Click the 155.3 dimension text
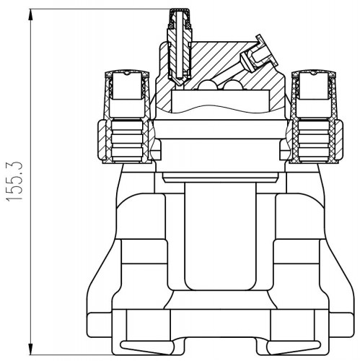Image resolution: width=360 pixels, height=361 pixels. tap(14, 181)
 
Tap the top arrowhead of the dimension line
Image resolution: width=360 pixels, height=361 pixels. tap(30, 15)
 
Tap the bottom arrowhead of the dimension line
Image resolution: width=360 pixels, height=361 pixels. tap(30, 348)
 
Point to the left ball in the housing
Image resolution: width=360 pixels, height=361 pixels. tap(207, 85)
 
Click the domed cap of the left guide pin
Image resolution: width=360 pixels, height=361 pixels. tap(127, 74)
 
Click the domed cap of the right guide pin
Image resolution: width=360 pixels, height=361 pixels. tap(313, 74)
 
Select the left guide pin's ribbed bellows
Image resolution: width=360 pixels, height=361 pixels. tap(127, 140)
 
